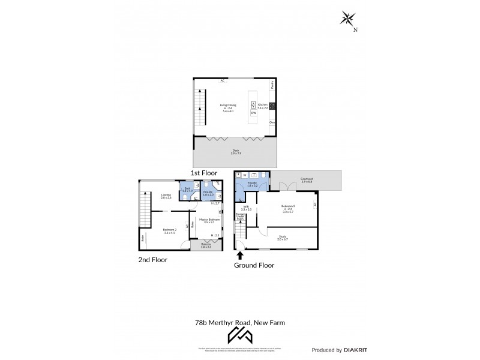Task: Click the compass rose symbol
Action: tap(347, 19)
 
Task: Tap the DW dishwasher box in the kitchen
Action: tap(254, 113)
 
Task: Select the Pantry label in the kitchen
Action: tap(272, 85)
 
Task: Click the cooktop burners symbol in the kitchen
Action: tap(272, 107)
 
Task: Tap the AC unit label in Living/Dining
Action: tap(222, 80)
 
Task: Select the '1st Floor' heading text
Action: tap(203, 173)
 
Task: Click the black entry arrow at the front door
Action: tap(240, 255)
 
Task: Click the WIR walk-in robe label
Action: tap(246, 208)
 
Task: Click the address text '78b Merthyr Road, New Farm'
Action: tap(240, 322)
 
